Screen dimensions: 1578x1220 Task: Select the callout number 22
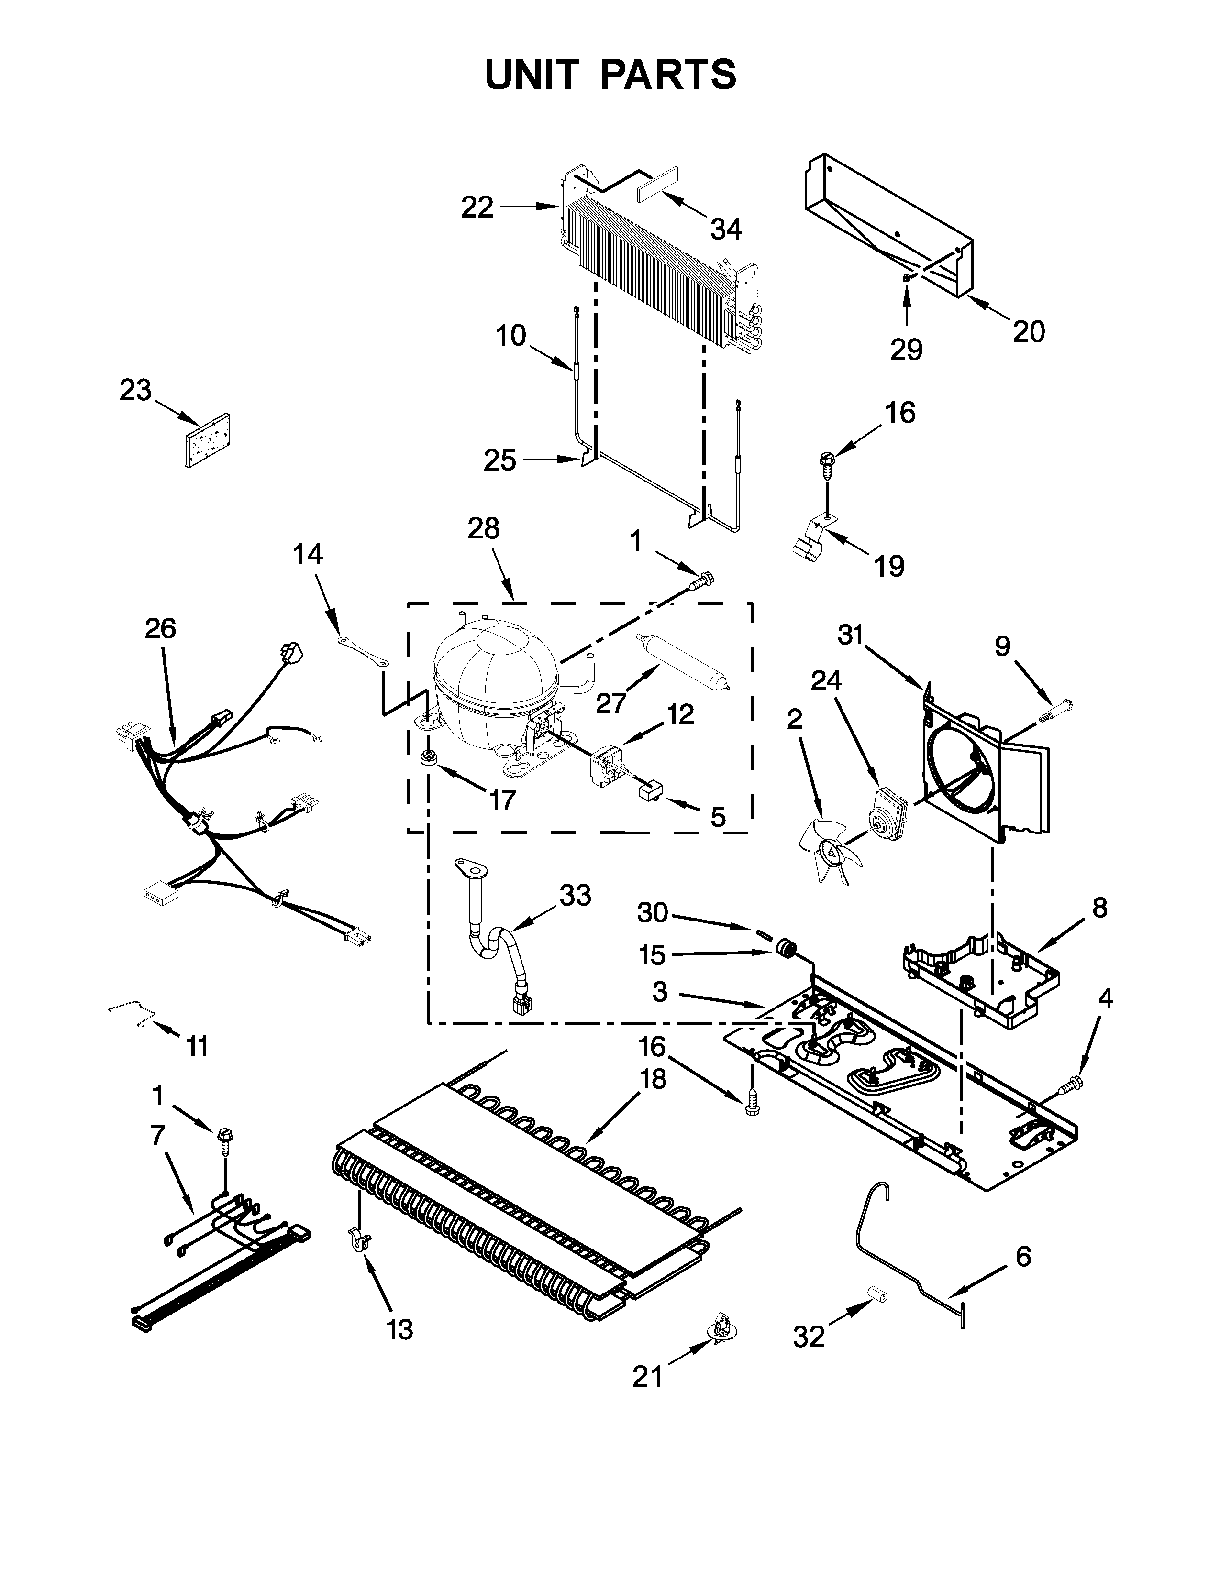click(x=477, y=208)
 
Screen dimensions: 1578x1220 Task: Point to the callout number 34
click(x=726, y=230)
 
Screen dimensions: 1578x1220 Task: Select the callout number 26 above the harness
click(x=160, y=629)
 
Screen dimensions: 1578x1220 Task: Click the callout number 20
click(x=1029, y=332)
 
